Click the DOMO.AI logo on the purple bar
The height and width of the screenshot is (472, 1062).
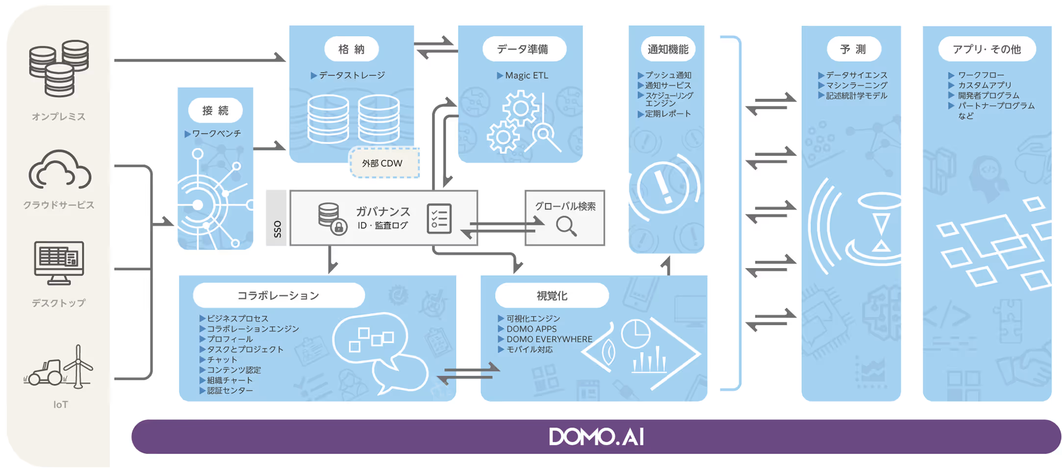[x=596, y=437]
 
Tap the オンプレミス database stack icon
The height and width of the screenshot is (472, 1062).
[x=59, y=69]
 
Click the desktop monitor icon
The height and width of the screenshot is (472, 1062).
[x=59, y=262]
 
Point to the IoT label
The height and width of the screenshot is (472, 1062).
[x=60, y=404]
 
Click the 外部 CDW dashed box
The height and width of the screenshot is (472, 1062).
[x=384, y=163]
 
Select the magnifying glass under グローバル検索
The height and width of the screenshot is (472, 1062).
[x=566, y=226]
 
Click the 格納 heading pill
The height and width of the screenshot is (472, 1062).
[x=352, y=49]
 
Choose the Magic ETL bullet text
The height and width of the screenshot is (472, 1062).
[x=526, y=75]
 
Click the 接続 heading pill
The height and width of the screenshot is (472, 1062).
[x=215, y=111]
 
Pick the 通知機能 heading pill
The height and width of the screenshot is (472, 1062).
[x=667, y=49]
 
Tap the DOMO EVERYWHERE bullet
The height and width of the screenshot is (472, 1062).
[x=549, y=339]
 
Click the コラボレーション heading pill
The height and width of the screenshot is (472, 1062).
[x=278, y=296]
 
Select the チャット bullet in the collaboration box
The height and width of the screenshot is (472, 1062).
[x=222, y=359]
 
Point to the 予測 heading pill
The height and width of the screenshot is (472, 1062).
[x=853, y=49]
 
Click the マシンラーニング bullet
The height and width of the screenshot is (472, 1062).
[x=856, y=85]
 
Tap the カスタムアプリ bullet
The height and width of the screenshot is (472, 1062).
[x=984, y=85]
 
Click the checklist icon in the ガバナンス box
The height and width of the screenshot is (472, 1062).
[x=439, y=219]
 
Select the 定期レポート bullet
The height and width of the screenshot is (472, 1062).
[x=667, y=114]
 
